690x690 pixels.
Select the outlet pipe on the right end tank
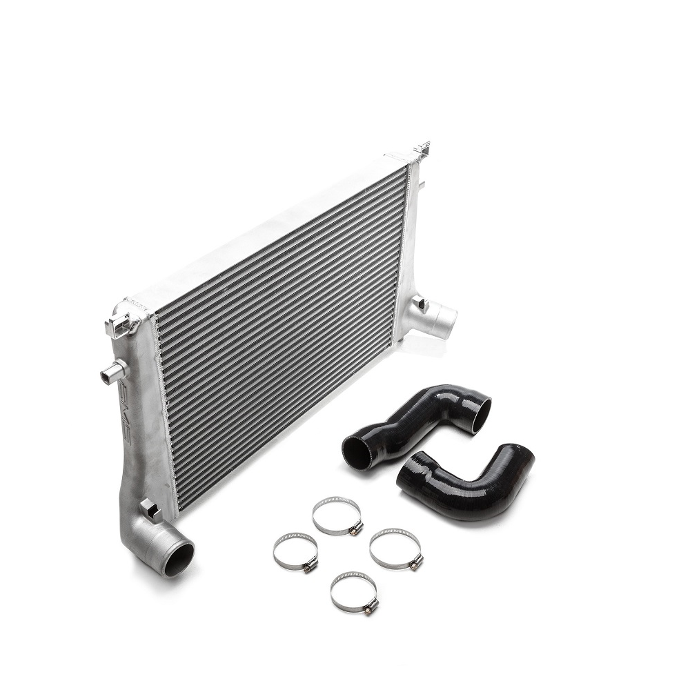pyautogui.click(x=440, y=319)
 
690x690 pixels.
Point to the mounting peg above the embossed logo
pyautogui.click(x=112, y=374)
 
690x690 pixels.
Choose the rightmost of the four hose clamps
pyautogui.click(x=396, y=549)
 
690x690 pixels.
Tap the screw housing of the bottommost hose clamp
pyautogui.click(x=371, y=607)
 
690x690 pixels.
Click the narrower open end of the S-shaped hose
pyautogui.click(x=356, y=451)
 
